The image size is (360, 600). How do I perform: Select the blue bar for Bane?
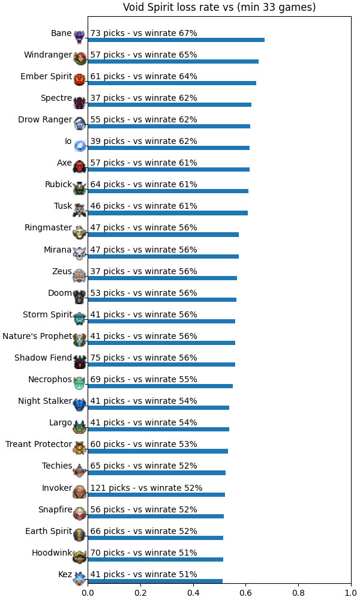(x=176, y=40)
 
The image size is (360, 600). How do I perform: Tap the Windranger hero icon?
(x=80, y=59)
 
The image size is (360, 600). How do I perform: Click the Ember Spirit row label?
(x=46, y=76)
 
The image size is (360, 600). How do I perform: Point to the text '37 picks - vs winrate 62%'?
(x=143, y=98)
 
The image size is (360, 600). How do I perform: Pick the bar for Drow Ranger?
(x=169, y=126)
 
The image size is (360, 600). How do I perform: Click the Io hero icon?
(x=80, y=145)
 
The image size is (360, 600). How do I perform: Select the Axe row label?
(x=64, y=163)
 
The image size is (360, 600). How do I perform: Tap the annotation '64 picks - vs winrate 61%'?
(x=143, y=184)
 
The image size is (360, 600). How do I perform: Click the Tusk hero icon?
(x=80, y=210)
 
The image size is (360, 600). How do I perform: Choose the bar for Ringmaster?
(x=163, y=235)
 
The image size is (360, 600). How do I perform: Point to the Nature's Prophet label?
(x=37, y=336)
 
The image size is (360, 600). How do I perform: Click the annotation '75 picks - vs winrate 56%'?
(x=143, y=358)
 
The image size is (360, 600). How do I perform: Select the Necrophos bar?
(x=160, y=386)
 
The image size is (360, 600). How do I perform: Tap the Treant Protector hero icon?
(x=80, y=448)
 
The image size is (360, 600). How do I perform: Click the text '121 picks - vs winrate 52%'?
(x=146, y=488)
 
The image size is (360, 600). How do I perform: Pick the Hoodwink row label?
(x=52, y=553)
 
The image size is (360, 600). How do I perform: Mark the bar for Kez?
(x=155, y=581)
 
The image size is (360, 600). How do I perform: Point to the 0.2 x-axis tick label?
(x=140, y=593)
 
